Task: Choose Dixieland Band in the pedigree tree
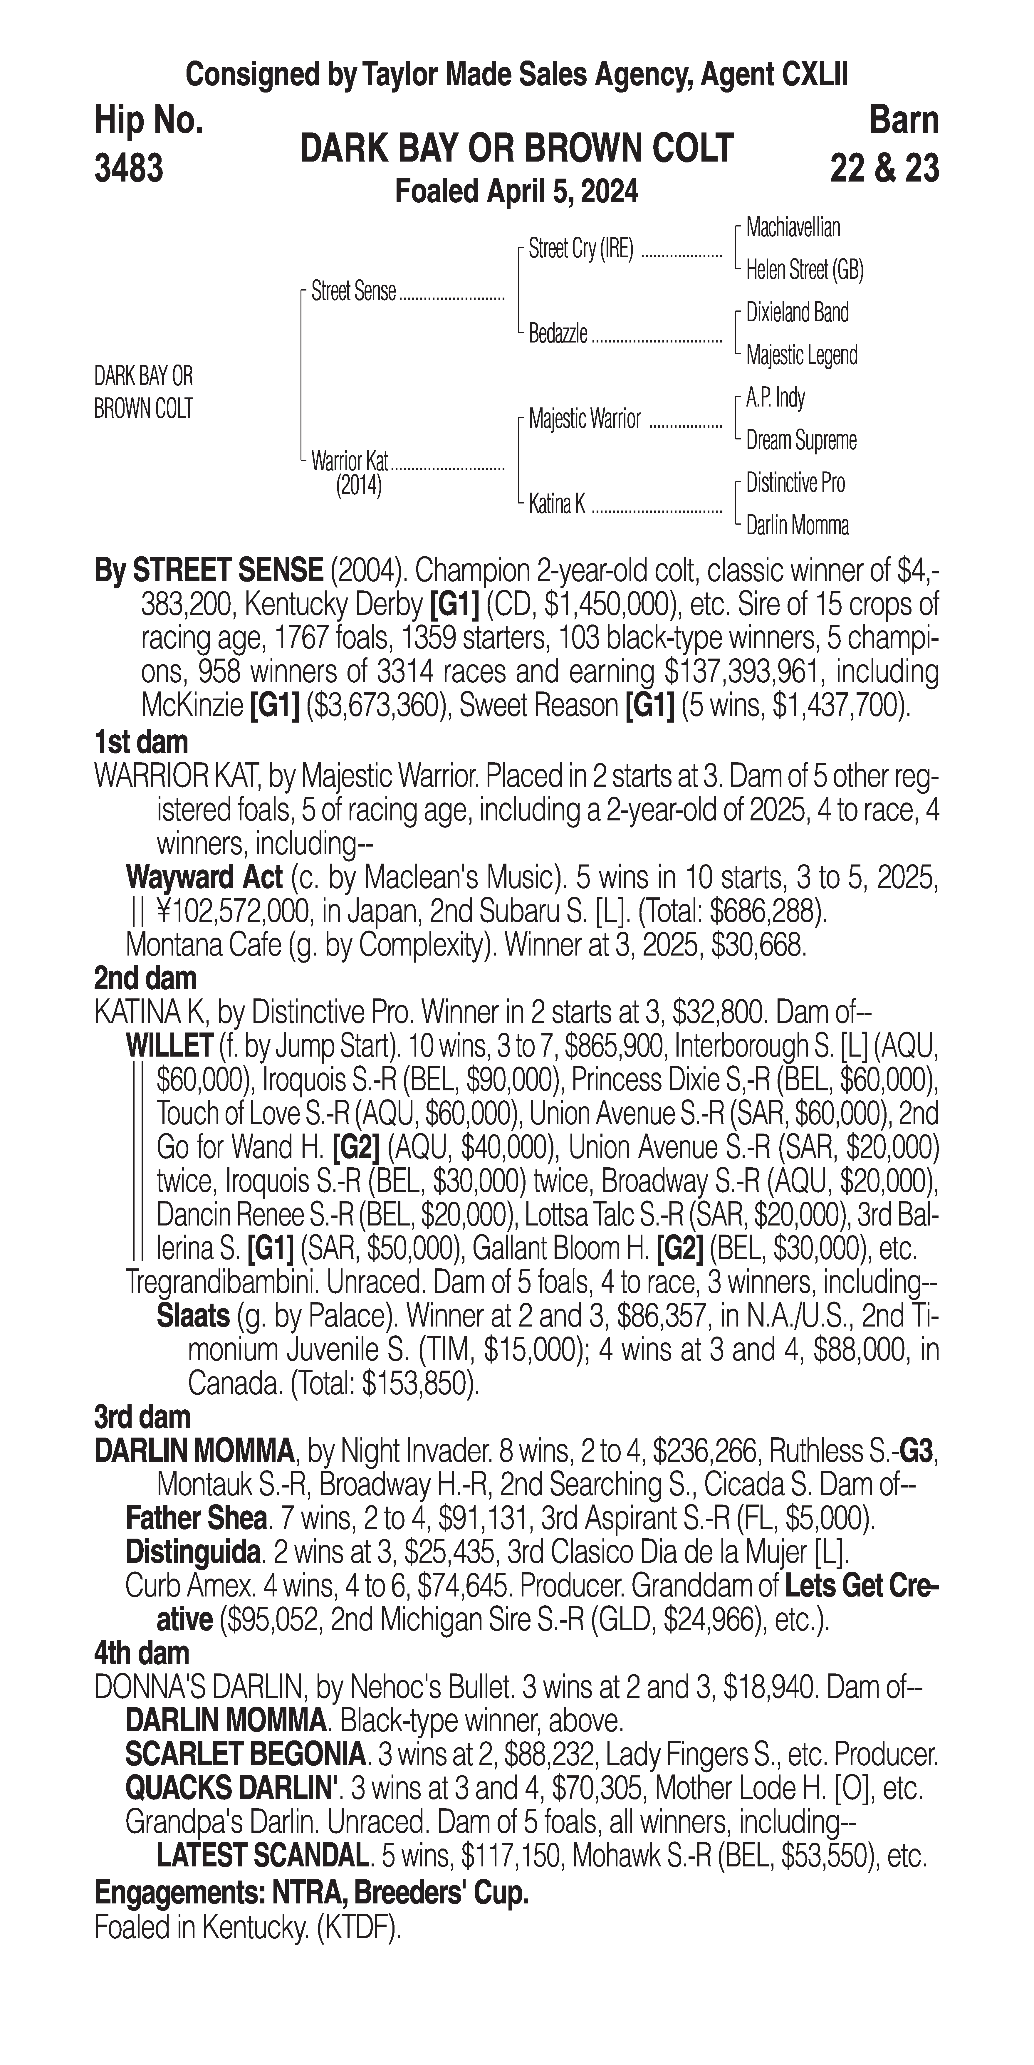coord(797,313)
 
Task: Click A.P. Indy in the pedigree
coord(775,398)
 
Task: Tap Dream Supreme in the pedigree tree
coord(801,440)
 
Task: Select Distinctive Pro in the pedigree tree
coord(795,483)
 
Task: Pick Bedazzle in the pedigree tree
coord(558,333)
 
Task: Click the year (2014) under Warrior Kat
coord(358,486)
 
